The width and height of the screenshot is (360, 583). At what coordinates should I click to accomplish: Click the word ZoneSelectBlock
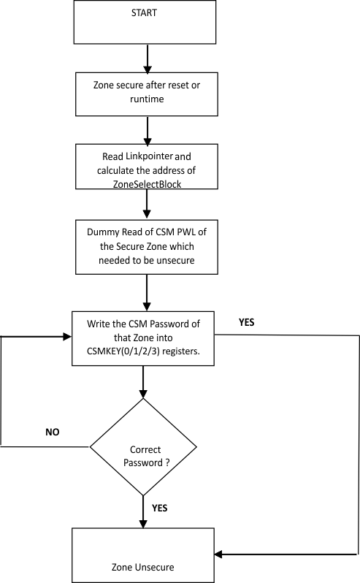tap(148, 185)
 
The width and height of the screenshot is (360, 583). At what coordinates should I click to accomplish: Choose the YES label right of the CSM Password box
tap(247, 321)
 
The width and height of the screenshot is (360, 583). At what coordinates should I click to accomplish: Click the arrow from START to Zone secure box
tap(148, 57)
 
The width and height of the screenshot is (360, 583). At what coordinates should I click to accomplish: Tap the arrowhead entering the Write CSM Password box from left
tap(66, 337)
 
